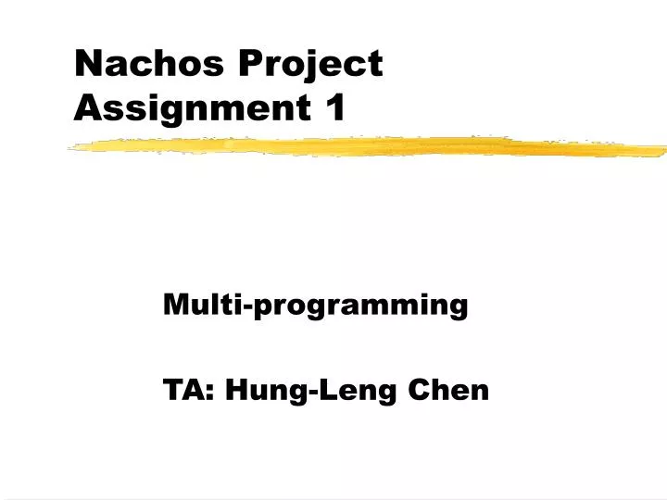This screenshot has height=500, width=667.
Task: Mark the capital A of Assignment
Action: (85, 108)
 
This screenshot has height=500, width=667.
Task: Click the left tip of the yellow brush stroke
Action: (70, 145)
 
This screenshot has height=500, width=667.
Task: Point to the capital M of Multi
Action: (173, 304)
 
